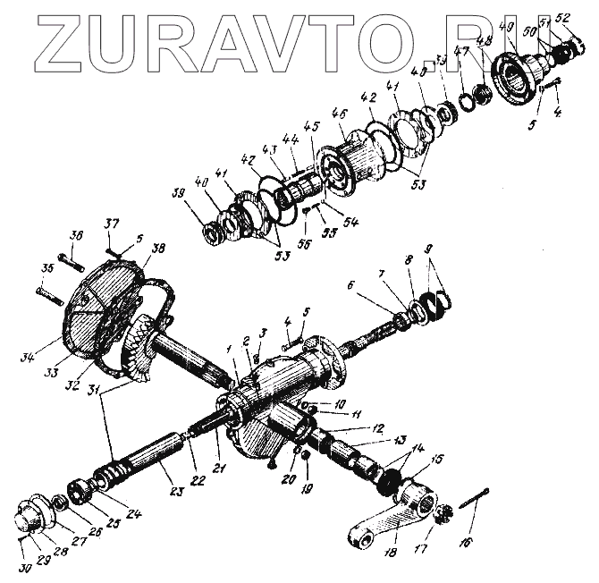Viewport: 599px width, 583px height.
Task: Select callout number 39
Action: [180, 194]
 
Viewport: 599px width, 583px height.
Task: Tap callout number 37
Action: [111, 223]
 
